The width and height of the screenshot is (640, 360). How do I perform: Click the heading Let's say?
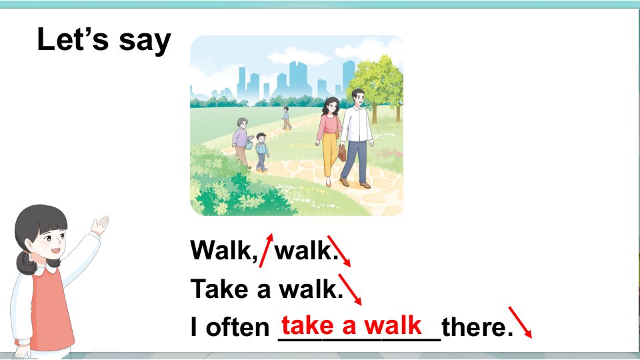coord(104,40)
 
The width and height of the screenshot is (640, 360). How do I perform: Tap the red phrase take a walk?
coord(351,325)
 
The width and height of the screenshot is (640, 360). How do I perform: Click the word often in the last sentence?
coord(237,327)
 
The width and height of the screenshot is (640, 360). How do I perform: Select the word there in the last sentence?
coord(477,327)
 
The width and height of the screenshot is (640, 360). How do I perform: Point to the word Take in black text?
coord(219,289)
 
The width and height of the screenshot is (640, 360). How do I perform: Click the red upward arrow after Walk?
coord(266,250)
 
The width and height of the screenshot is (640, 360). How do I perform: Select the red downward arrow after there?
coord(520,322)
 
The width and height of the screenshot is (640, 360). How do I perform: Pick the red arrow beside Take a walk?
coord(350,289)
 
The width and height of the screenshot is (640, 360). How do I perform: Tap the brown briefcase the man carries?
coord(341,153)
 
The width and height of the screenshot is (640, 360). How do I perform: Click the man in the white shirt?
coord(357,138)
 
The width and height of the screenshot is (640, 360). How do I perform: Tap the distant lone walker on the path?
coord(287,118)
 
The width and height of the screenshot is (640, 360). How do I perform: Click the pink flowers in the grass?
coord(389,153)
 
